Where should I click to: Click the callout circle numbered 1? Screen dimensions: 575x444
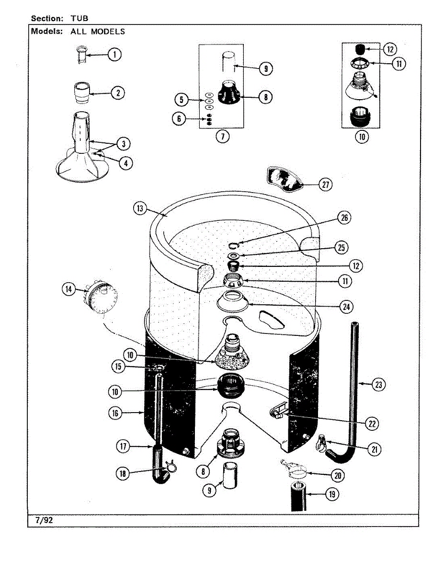114,55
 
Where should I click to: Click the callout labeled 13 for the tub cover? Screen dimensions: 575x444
140,208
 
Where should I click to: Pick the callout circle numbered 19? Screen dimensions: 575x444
330,494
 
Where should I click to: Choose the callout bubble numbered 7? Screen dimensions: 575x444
222,136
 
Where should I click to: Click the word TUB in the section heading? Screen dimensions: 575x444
80,19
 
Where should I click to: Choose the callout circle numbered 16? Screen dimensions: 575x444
115,413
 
